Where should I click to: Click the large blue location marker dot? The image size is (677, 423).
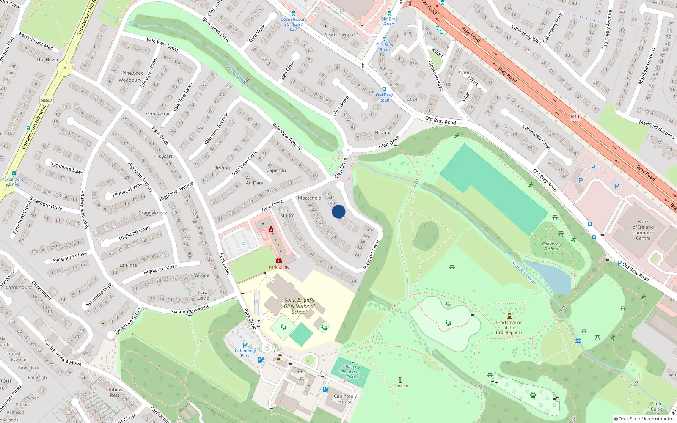[x=338, y=211]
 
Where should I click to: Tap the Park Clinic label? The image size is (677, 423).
[x=279, y=267]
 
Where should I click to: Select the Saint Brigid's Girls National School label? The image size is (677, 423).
[x=299, y=306]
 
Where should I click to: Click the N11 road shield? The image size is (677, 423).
[x=575, y=117]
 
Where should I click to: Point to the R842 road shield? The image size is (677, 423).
[x=47, y=100]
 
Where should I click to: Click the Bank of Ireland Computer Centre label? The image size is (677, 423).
[x=643, y=230]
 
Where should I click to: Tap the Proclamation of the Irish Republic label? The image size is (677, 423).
[x=509, y=327]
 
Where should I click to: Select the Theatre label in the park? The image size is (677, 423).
[x=400, y=386]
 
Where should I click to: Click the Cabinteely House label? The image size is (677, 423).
[x=345, y=398]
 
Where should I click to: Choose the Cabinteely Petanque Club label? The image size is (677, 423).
[x=350, y=371]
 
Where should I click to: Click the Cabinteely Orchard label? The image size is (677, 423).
[x=552, y=246]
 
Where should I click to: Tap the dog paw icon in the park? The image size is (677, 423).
[x=533, y=395]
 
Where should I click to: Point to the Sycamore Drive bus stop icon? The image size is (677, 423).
[x=14, y=173]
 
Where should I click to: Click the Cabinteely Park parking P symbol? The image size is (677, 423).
[x=245, y=345]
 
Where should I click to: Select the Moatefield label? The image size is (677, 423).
[x=310, y=198]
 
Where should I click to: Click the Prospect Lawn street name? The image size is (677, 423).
[x=371, y=255]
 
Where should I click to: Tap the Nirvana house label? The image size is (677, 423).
[x=383, y=132]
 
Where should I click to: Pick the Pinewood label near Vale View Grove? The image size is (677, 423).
[x=133, y=73]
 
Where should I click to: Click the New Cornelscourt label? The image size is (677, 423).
[x=341, y=35]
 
